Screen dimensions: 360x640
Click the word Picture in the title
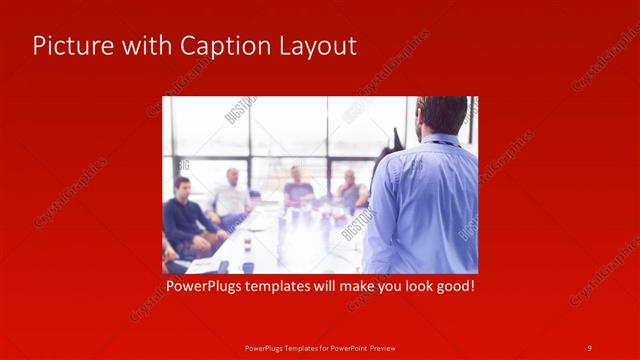point(68,46)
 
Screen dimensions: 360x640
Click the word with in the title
point(144,46)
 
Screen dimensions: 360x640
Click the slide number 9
point(589,347)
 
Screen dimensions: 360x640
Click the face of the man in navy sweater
point(182,187)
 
